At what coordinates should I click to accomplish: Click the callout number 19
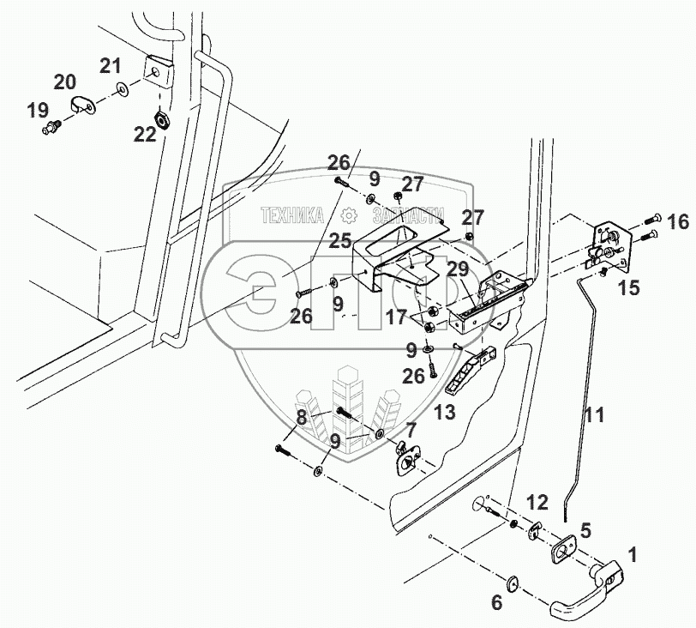[x=37, y=110]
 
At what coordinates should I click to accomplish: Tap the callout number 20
[x=64, y=82]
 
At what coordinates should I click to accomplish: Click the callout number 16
[x=677, y=223]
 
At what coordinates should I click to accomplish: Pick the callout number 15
[x=628, y=287]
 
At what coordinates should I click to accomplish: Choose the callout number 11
[x=594, y=416]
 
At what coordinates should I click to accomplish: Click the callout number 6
[x=496, y=604]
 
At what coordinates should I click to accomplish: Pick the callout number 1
[x=632, y=555]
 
